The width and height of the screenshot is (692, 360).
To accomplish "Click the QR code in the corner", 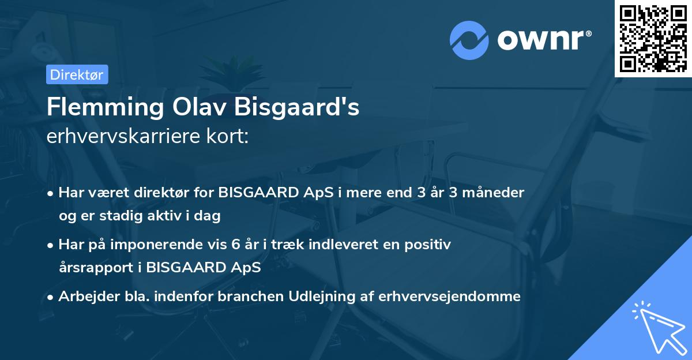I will pyautogui.click(x=653, y=39).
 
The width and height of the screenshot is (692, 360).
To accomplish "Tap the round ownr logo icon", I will pyautogui.click(x=469, y=40).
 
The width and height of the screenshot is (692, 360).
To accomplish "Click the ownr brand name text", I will pyautogui.click(x=543, y=40).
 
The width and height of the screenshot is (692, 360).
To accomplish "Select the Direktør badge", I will pyautogui.click(x=77, y=74).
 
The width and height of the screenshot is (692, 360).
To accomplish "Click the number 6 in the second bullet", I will pyautogui.click(x=235, y=245).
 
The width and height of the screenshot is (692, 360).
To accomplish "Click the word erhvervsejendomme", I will pyautogui.click(x=450, y=297).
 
